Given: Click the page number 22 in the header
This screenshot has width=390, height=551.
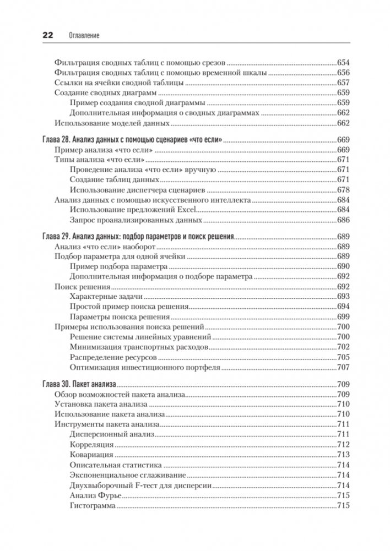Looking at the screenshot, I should [x=45, y=35].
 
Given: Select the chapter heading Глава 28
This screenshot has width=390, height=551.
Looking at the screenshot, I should [x=132, y=140].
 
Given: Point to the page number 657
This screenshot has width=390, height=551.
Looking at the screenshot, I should [x=343, y=83].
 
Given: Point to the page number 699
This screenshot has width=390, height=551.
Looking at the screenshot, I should [x=343, y=317].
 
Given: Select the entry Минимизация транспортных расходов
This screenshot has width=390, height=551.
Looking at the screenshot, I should [x=139, y=347].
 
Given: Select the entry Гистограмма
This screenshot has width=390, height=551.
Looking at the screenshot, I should [x=93, y=505].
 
